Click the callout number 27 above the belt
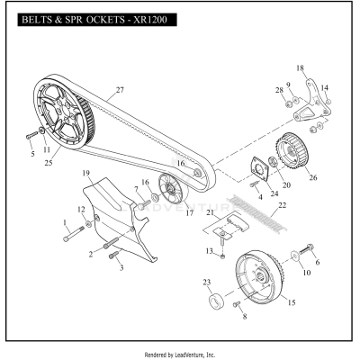pyautogui.click(x=119, y=90)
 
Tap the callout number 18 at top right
pyautogui.click(x=301, y=67)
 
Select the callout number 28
pyautogui.click(x=280, y=90)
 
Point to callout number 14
pyautogui.click(x=325, y=87)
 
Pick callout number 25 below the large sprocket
pyautogui.click(x=49, y=164)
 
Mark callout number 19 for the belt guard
pyautogui.click(x=85, y=172)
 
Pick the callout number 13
pyautogui.click(x=208, y=249)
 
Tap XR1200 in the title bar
pyautogui.click(x=155, y=19)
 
